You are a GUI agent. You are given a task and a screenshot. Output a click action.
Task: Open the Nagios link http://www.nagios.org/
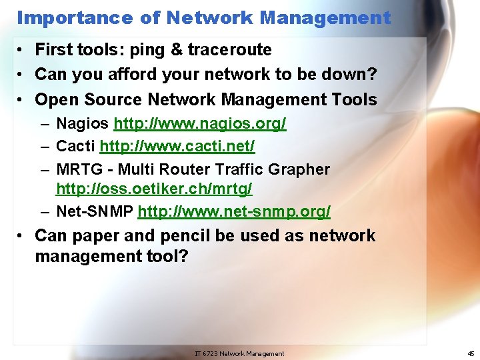click(x=200, y=124)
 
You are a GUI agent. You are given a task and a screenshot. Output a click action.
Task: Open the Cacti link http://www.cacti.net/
click(x=177, y=145)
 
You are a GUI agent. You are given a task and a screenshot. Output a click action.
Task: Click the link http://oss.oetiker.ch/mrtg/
click(x=154, y=189)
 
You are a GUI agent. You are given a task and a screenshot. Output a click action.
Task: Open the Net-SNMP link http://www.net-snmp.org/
click(x=234, y=212)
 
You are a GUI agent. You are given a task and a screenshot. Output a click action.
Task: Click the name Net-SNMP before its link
click(x=95, y=212)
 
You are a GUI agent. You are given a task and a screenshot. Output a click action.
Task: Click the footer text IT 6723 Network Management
click(x=239, y=353)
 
